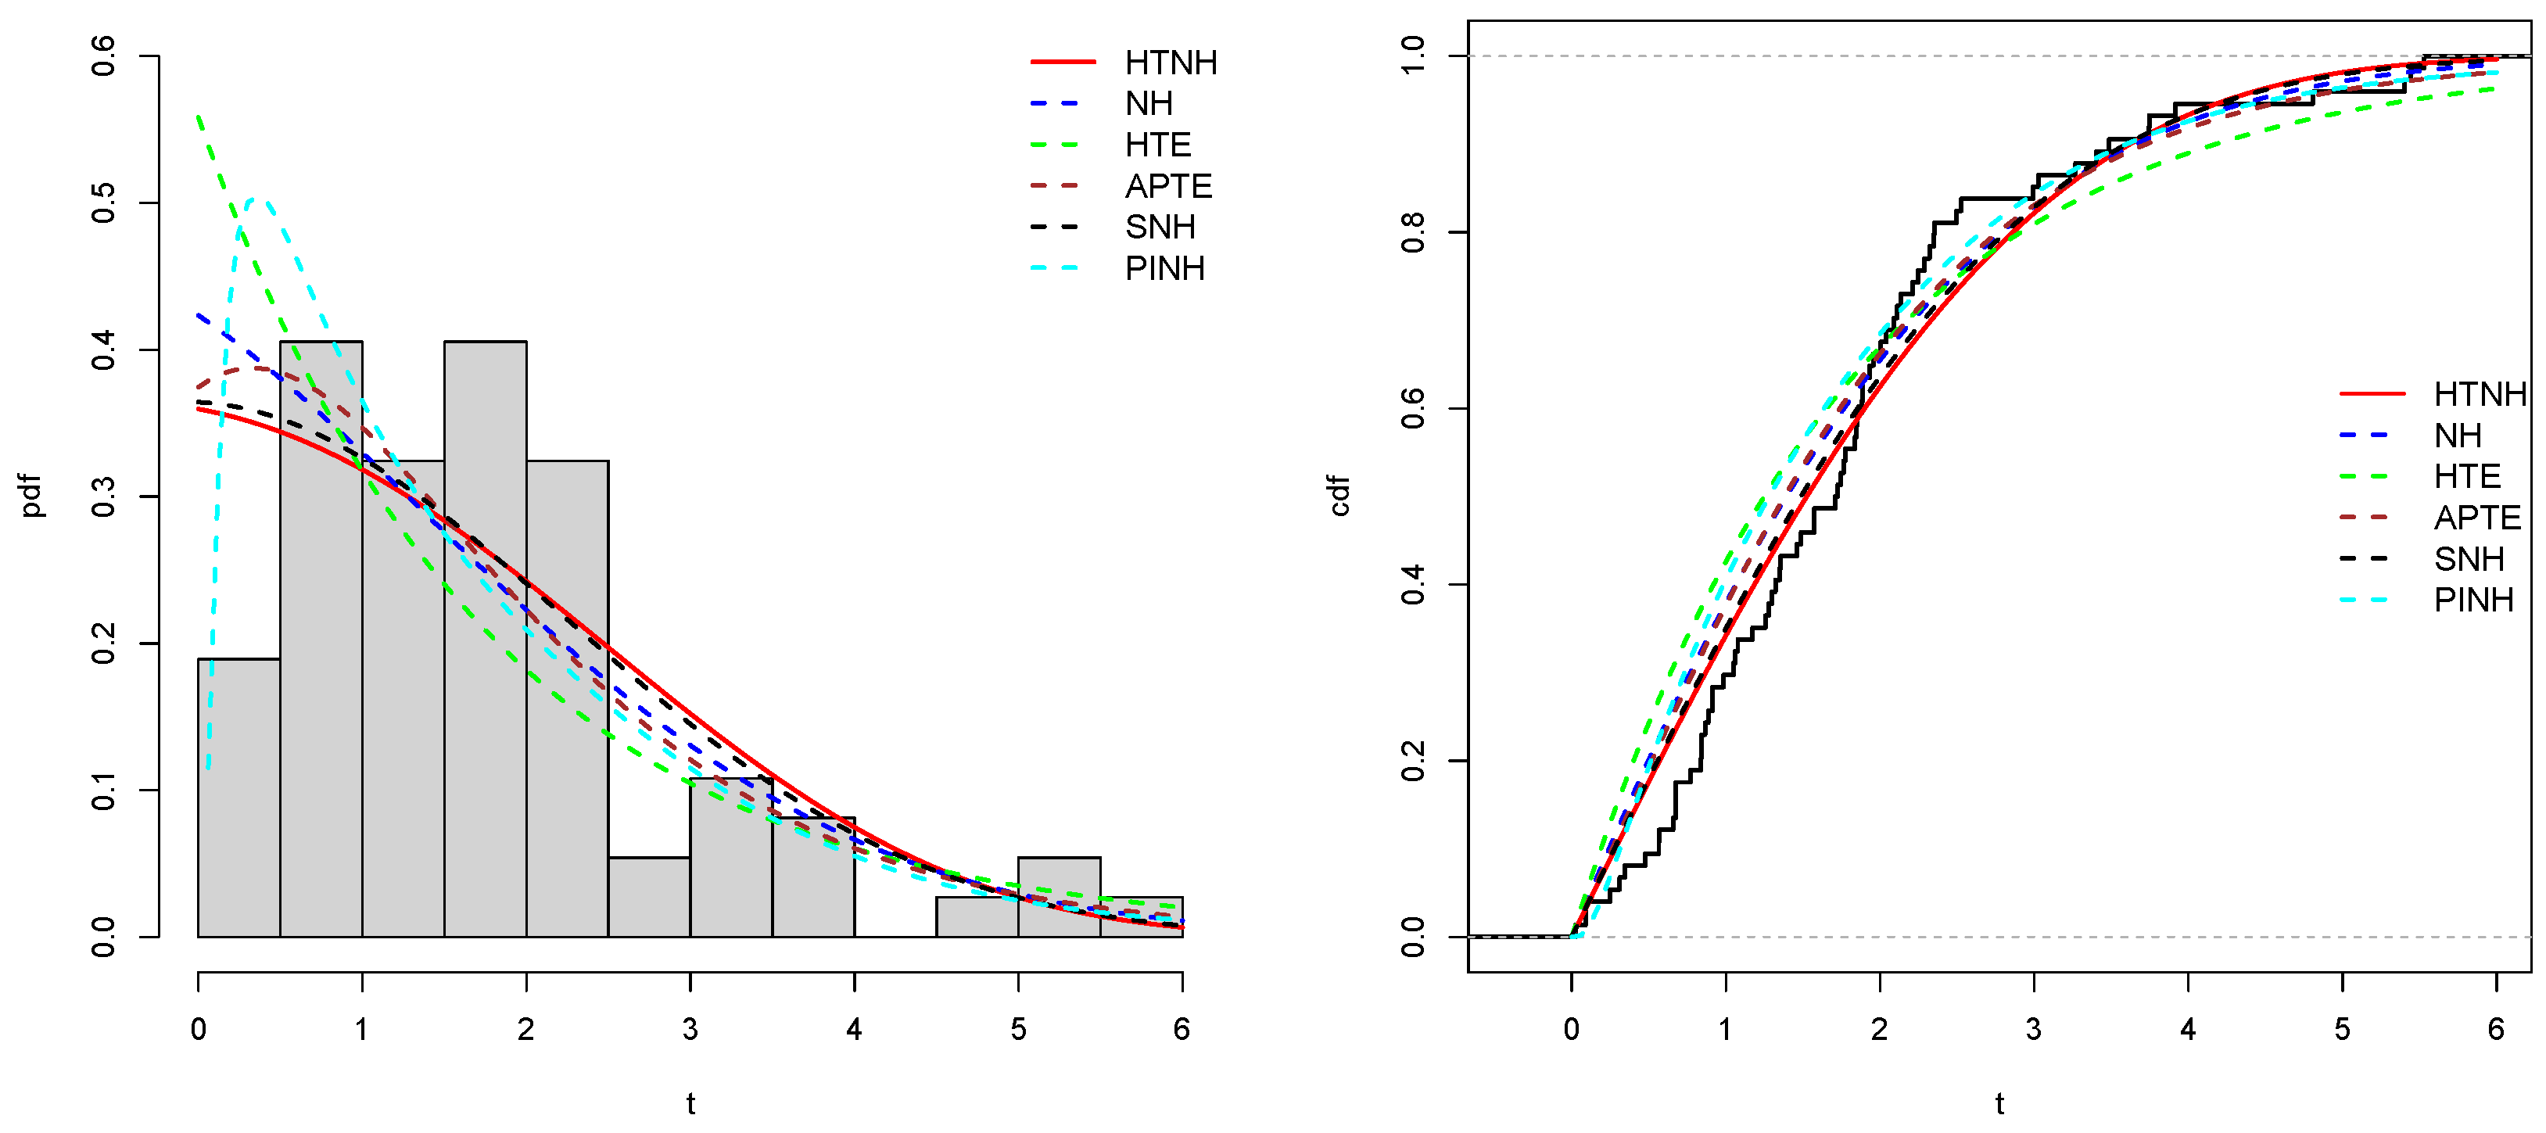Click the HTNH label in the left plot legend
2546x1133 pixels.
coord(1171,63)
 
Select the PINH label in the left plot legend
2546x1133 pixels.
coord(1164,269)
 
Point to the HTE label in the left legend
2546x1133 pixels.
coord(1157,145)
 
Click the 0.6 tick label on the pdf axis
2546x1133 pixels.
coord(102,56)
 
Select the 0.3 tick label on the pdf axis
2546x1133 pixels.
coord(102,497)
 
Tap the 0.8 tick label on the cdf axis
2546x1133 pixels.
coord(1412,232)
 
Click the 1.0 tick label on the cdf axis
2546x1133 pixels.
coord(1412,56)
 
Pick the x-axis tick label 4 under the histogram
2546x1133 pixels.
coord(854,1029)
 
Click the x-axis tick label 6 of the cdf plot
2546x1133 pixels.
coord(2496,1029)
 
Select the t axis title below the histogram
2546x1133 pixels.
coord(690,1103)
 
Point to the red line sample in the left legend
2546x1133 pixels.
coord(1063,63)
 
